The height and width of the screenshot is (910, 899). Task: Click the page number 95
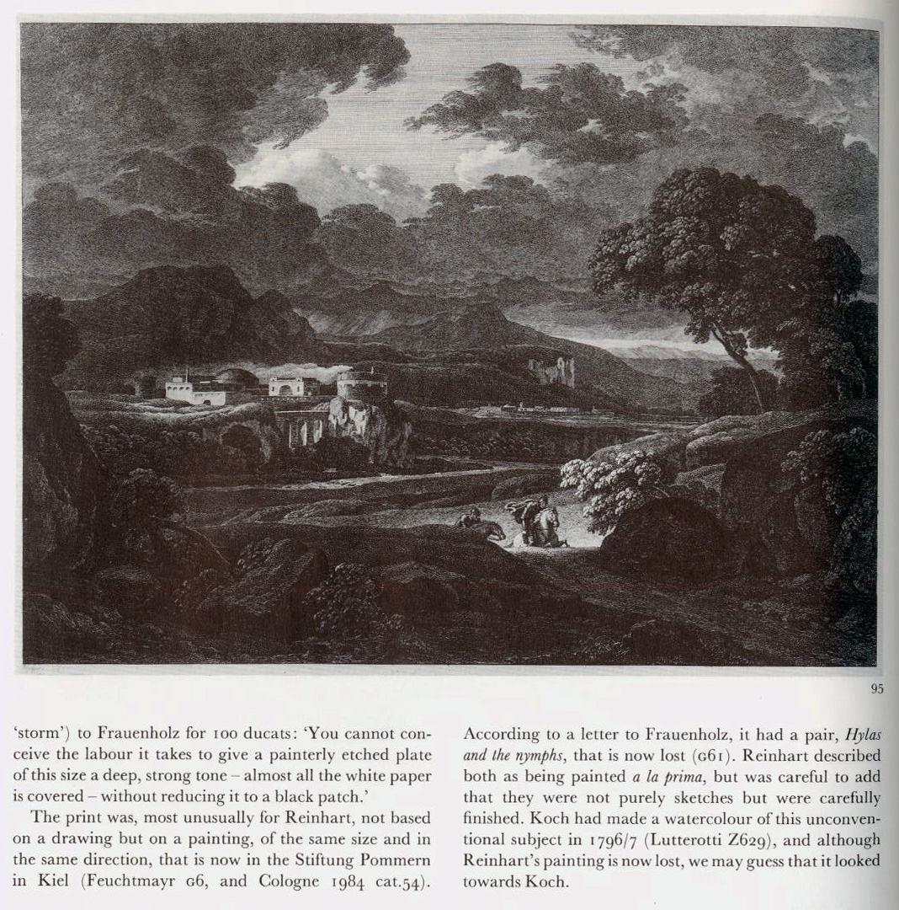877,688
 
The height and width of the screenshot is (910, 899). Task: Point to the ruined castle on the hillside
552,370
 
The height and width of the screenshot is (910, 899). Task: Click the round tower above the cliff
362,385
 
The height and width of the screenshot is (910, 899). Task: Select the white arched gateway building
288,387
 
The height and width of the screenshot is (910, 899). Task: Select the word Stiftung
321,860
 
